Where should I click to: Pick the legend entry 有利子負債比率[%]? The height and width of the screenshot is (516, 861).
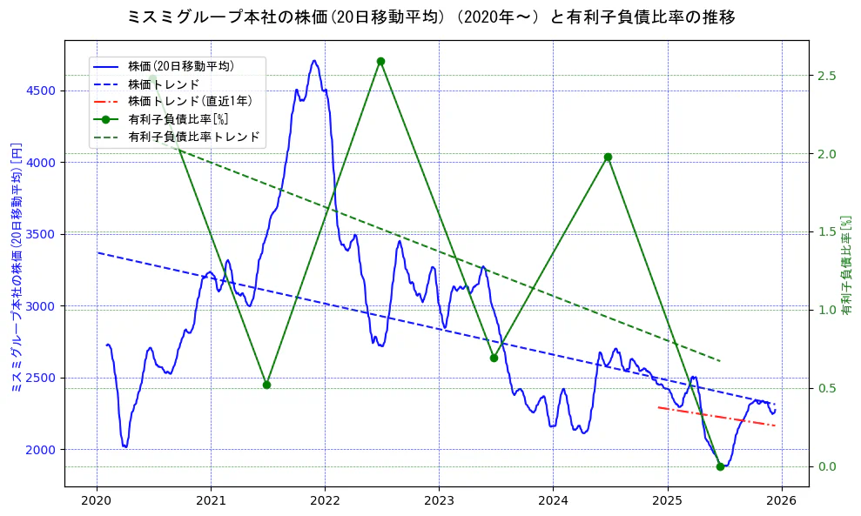point(178,119)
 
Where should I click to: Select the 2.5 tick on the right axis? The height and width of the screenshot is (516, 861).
point(827,76)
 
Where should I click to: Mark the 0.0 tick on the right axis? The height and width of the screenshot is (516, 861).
point(827,467)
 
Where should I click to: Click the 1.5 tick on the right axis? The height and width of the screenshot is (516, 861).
point(827,232)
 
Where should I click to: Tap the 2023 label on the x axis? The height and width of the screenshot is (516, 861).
point(439,501)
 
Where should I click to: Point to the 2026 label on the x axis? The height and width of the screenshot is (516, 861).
point(782,501)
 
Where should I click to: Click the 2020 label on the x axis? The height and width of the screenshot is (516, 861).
point(97,501)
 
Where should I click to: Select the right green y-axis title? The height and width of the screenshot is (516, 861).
point(846,265)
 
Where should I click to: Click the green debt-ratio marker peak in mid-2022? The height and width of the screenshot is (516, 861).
point(380,61)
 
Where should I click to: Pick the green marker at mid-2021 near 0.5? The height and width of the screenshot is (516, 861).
point(266,385)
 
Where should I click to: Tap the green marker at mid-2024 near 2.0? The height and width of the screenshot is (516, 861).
point(608,157)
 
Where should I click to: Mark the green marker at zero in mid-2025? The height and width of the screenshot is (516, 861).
point(720,466)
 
